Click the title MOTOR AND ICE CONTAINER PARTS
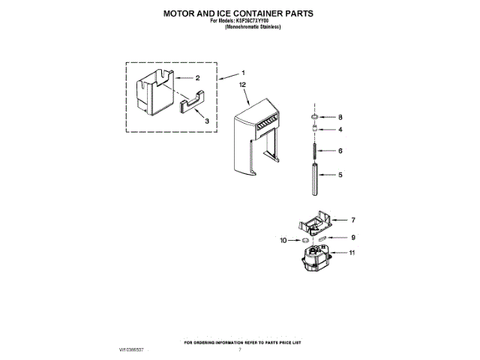[239, 13]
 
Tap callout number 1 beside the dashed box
[243, 73]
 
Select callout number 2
[197, 78]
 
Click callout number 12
[242, 86]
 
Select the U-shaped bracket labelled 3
[193, 100]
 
